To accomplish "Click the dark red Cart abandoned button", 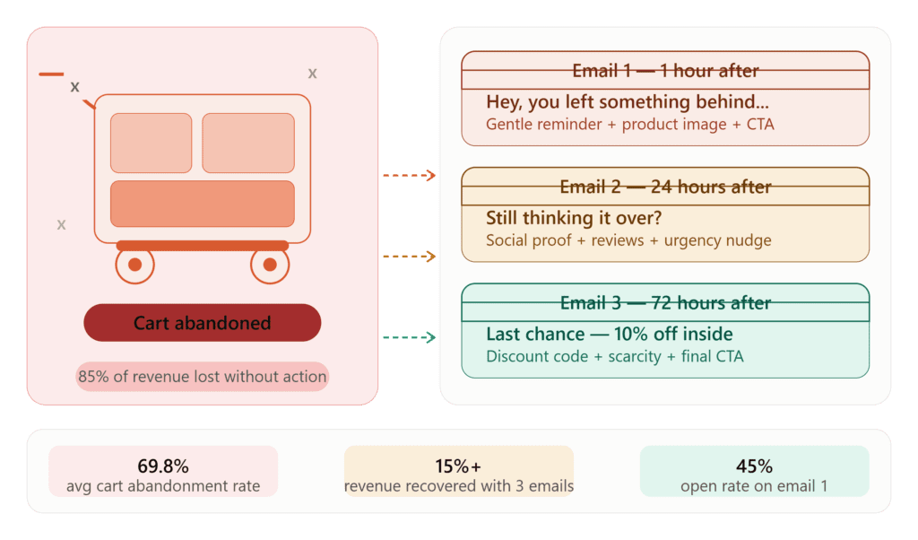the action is [x=202, y=323].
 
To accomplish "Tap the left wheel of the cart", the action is [x=134, y=265].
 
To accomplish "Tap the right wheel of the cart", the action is [x=270, y=265].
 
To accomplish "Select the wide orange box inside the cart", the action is [x=203, y=204].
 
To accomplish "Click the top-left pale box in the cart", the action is [x=151, y=143].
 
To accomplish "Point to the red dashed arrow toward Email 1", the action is [x=409, y=175].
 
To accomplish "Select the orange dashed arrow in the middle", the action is [x=409, y=256].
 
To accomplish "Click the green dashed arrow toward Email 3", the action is [x=409, y=337].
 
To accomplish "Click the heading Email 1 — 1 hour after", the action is [x=665, y=71].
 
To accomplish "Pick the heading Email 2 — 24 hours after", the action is [x=665, y=187].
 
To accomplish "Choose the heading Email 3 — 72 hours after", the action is [x=665, y=303].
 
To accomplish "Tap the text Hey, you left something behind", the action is [x=627, y=102].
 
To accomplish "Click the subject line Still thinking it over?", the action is [x=574, y=218].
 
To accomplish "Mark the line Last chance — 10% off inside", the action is [x=610, y=334].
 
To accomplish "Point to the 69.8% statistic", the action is [x=163, y=466].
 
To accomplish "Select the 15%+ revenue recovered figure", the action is [x=458, y=466].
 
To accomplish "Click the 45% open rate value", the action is [x=754, y=466].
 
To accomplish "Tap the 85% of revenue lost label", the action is [x=202, y=377].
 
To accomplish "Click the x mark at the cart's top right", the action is [x=313, y=74].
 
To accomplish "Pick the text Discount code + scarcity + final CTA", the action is [x=615, y=356].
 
